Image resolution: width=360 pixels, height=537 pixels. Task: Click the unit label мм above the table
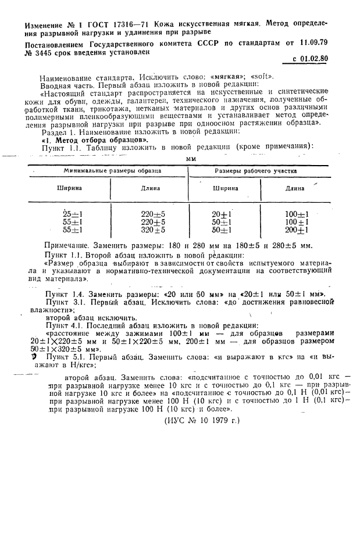click(190, 157)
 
